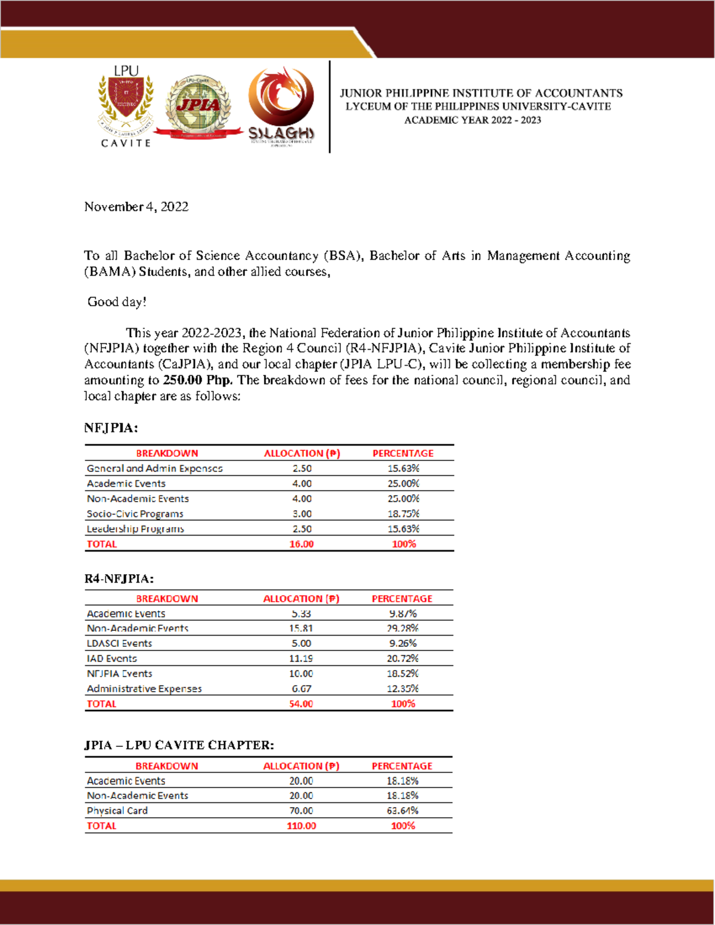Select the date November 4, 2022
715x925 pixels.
pos(136,207)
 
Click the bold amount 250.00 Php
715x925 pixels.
pos(198,380)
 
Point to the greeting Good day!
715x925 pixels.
pos(117,302)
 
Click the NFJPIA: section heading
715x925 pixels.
pos(111,428)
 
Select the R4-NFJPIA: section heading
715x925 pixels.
pos(119,578)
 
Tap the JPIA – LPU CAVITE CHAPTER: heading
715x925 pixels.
pos(179,745)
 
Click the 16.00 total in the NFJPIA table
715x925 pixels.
pos(301,544)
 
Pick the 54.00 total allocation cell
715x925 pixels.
pos(301,703)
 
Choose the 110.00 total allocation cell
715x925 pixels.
pos(301,826)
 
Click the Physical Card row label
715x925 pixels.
pos(117,811)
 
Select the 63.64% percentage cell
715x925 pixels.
pos(403,811)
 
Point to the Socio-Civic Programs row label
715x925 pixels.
pos(135,513)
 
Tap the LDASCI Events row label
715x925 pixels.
pos(120,643)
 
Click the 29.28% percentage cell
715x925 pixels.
pos(403,628)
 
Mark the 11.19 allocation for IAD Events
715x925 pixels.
pos(301,658)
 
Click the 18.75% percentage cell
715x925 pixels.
pos(403,513)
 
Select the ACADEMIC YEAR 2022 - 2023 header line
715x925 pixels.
pos(472,120)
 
